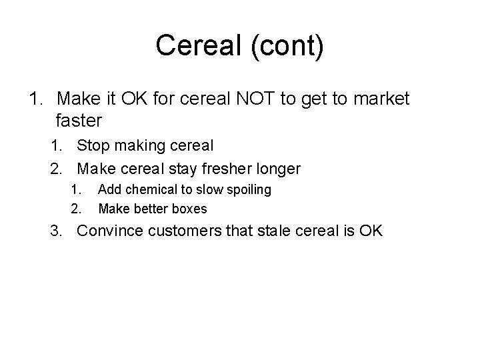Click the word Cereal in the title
click(193, 46)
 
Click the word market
click(381, 100)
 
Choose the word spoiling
click(247, 190)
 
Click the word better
click(151, 209)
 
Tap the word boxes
click(190, 209)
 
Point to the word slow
click(209, 190)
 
